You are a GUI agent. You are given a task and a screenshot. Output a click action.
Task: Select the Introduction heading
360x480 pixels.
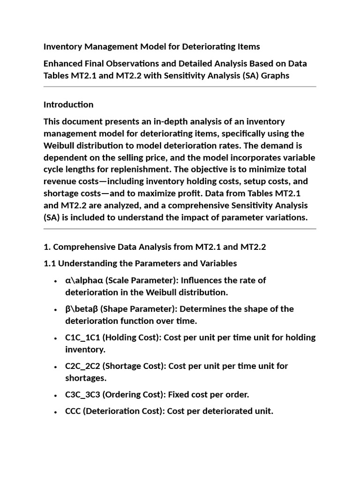(68, 105)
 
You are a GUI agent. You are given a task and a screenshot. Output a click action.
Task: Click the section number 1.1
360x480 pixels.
(50, 263)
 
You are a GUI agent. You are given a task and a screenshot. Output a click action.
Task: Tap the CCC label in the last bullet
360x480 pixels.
(74, 412)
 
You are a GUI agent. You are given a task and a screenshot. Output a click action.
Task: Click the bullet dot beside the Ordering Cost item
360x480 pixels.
(56, 395)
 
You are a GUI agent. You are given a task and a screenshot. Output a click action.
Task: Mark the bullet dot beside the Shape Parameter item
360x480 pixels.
(56, 309)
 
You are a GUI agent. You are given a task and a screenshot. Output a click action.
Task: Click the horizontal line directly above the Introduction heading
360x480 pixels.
(180, 87)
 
